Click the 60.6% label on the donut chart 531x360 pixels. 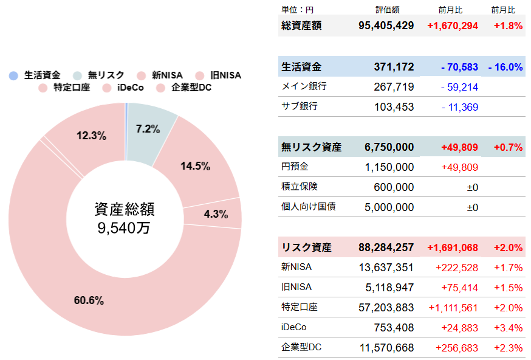coord(89,300)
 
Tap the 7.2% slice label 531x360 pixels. coord(148,129)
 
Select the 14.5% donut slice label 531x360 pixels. coord(196,165)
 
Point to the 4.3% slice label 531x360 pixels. coord(216,214)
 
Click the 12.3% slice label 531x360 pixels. coord(91,136)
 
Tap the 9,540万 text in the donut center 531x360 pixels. coord(124,228)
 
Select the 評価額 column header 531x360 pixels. coord(388,10)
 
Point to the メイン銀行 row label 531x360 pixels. coord(304,87)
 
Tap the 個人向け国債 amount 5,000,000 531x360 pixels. coord(389,207)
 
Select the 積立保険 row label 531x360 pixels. coord(300,187)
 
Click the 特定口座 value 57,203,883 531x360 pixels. coord(386,308)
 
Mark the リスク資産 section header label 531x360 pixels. coord(306,247)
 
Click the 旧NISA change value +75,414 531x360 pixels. coord(457,288)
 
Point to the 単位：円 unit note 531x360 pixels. coord(297,10)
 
